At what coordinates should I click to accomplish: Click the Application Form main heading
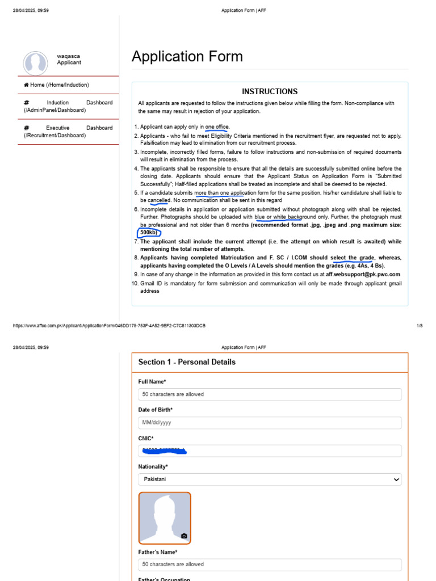187,57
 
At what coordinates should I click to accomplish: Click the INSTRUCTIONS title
270,91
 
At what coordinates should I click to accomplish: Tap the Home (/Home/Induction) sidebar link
56,85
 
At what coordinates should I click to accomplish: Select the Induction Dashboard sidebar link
68,106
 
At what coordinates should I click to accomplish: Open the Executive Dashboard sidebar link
68,132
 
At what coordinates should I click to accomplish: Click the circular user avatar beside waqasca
35,62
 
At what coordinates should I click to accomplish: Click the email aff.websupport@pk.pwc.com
363,275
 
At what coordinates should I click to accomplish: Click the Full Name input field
270,394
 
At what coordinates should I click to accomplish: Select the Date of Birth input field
270,423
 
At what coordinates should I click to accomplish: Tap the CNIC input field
270,451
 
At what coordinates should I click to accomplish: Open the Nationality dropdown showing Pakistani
270,479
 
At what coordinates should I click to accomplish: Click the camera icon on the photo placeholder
184,536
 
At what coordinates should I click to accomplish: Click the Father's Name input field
270,565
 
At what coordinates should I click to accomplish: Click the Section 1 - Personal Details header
187,362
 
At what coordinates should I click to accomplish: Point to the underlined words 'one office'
216,127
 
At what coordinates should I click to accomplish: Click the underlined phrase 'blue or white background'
278,217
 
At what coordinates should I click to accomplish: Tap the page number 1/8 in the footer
420,326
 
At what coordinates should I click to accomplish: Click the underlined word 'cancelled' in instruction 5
159,201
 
